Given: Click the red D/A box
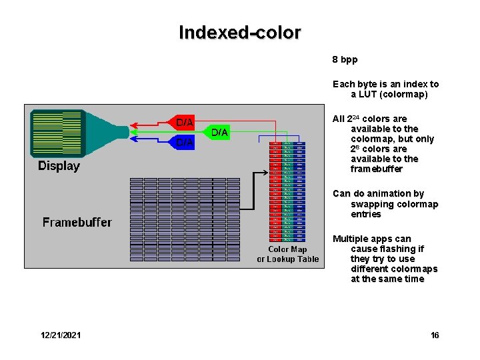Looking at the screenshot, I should coord(185,123).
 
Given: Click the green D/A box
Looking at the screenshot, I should coord(220,133).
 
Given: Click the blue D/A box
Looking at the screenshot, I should coord(185,142).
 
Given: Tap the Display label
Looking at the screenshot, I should coord(59,166).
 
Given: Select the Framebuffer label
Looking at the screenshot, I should coord(77,222).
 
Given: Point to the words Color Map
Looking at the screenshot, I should coord(288,249).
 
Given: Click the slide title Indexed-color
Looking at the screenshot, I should coord(240,32).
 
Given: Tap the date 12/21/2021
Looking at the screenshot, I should coord(60,335).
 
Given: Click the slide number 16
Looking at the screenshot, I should coord(435,335).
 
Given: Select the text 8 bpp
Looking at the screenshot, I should coord(345,59).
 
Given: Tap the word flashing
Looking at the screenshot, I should coord(398,249).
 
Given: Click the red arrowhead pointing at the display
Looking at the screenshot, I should coord(133,123).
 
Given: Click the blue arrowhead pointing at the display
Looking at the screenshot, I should coord(133,141).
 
